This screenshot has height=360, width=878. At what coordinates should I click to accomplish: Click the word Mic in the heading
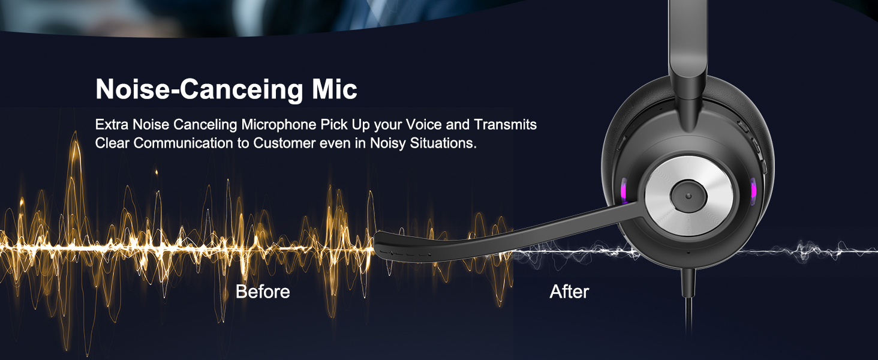coord(334,89)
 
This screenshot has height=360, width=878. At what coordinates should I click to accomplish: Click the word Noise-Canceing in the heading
coord(200,90)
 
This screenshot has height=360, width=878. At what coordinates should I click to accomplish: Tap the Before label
coord(263,292)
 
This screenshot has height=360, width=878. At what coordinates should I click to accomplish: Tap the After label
coord(569,292)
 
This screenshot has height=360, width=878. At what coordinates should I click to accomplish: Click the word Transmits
coord(505,124)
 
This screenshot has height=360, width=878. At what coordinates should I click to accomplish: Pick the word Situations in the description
coord(443,143)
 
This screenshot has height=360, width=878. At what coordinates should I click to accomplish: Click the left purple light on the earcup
coord(624,191)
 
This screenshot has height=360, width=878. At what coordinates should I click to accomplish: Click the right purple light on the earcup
coord(753,191)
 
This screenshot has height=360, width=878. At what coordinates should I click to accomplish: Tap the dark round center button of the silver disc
coord(688,196)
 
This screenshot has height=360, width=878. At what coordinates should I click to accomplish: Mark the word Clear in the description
coord(112,143)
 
